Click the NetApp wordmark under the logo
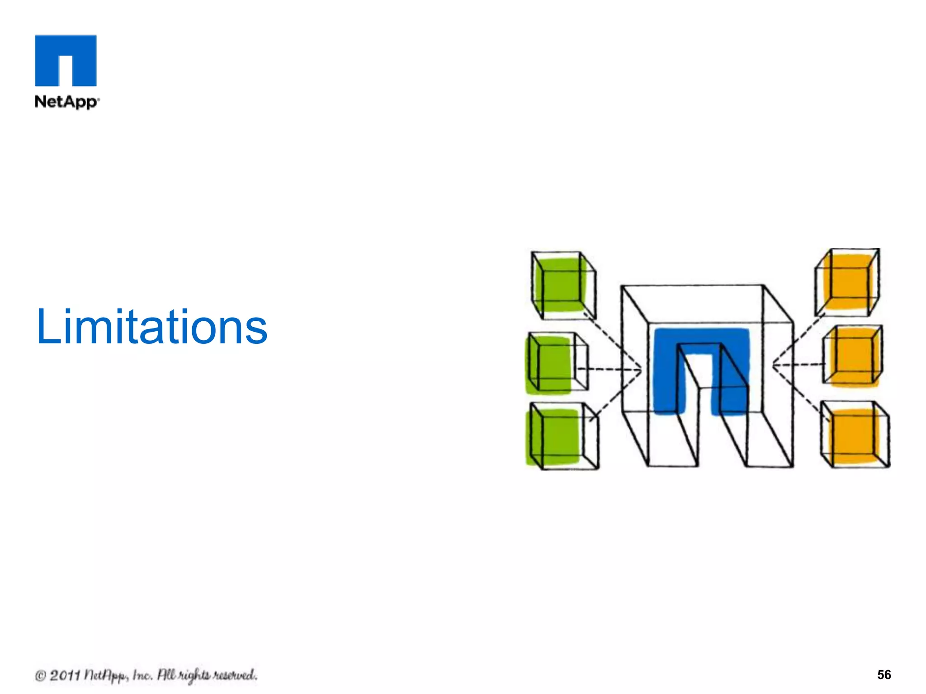[x=66, y=102]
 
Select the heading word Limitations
[x=152, y=326]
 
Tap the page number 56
[x=883, y=675]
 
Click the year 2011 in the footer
[x=65, y=675]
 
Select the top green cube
[x=563, y=285]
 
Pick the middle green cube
[x=557, y=363]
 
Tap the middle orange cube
[x=853, y=356]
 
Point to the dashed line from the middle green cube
[x=608, y=370]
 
